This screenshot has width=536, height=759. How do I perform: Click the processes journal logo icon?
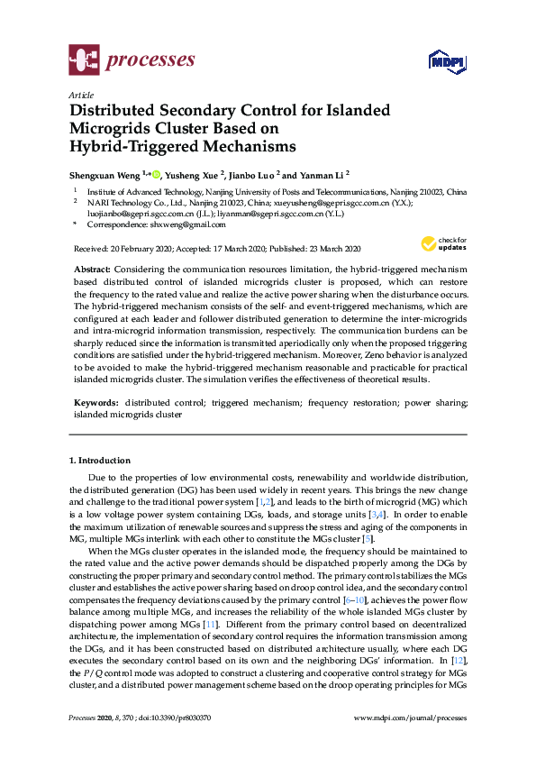tap(83, 61)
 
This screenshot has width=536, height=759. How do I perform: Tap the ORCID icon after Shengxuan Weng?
tap(157, 174)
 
